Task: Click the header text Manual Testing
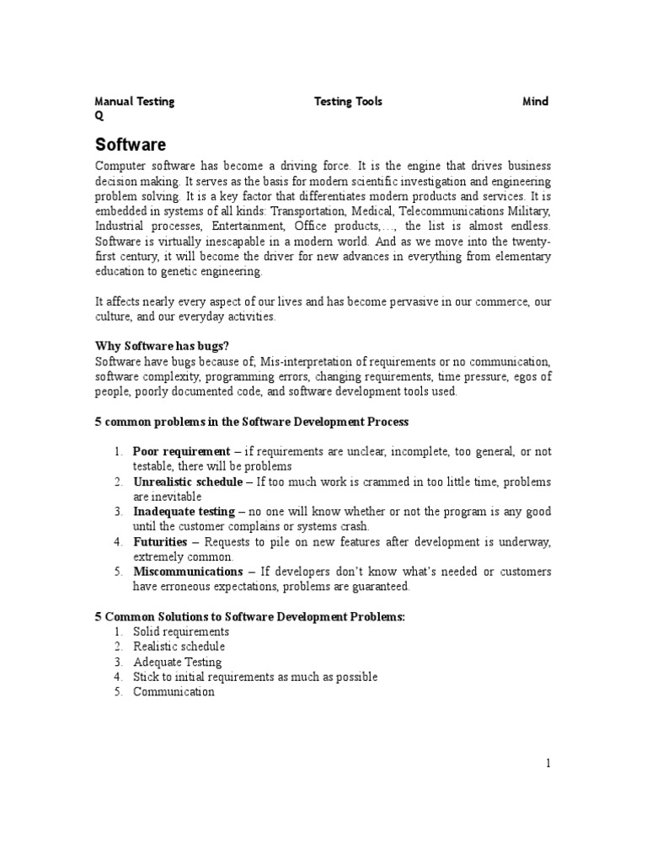click(135, 102)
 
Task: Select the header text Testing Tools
click(348, 102)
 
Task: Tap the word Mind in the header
click(536, 102)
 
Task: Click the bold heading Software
click(131, 144)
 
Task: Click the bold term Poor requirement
click(181, 451)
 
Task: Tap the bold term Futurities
click(160, 542)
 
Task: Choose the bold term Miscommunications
click(188, 572)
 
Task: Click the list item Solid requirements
click(181, 631)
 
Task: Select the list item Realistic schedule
click(179, 646)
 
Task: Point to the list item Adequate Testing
click(177, 662)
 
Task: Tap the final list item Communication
click(174, 692)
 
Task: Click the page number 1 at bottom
click(548, 764)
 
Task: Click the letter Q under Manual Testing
click(99, 117)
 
